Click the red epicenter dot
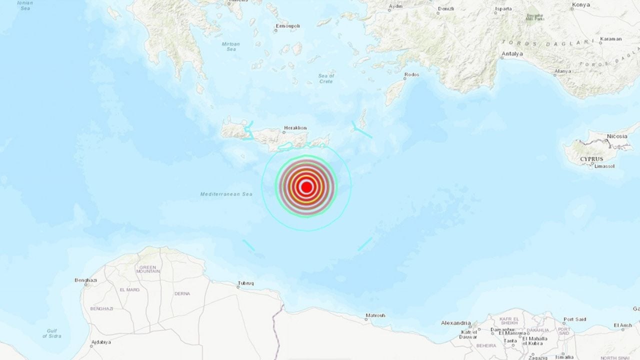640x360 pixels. click(306, 187)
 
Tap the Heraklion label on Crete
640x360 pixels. click(295, 128)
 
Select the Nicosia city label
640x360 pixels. click(617, 136)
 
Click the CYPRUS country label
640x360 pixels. click(591, 159)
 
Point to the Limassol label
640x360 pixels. click(604, 166)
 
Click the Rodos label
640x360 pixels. click(411, 75)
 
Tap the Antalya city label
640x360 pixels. click(512, 54)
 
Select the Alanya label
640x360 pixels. click(562, 71)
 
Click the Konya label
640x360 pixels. click(580, 6)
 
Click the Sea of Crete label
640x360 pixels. click(326, 78)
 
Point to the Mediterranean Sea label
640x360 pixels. click(226, 194)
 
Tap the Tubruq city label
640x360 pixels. click(245, 283)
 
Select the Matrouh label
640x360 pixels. click(375, 315)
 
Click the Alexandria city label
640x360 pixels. click(456, 323)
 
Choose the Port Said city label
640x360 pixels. click(574, 319)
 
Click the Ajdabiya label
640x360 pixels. click(100, 342)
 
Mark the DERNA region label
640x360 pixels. click(182, 293)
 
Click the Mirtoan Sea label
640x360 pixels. click(231, 46)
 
